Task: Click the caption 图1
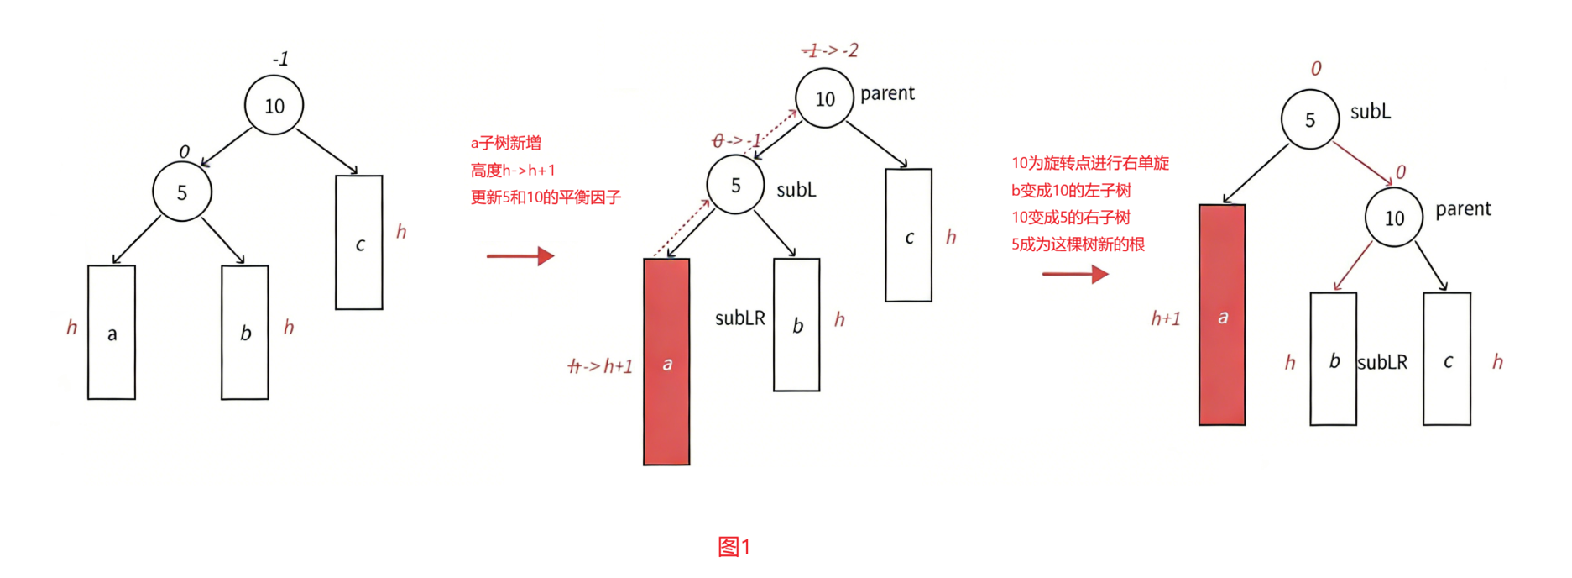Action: point(734,547)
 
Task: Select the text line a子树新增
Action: point(505,144)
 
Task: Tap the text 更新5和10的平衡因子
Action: point(545,197)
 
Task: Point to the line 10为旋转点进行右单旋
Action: point(1089,163)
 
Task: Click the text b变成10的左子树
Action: point(1071,191)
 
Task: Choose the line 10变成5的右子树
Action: point(1070,218)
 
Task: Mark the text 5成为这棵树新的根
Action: point(1078,244)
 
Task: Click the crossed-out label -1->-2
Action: point(830,50)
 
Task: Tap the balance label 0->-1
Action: point(736,141)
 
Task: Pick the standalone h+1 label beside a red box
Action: point(1165,318)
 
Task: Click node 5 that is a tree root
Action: point(1309,120)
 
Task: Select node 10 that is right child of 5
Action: point(1394,218)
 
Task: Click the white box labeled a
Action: point(112,333)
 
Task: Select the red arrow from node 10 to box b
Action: point(1352,267)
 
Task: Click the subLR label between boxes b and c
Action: point(1382,362)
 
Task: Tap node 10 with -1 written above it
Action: point(274,106)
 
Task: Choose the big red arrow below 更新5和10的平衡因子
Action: point(520,255)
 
